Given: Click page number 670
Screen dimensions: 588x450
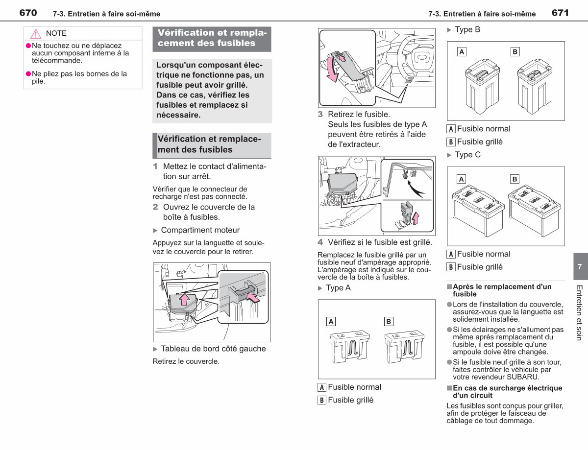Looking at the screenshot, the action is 28,13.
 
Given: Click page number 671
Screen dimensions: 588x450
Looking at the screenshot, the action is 560,13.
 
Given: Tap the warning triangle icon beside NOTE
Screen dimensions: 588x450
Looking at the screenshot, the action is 36,34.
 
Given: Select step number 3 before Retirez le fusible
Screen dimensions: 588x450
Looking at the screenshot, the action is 320,114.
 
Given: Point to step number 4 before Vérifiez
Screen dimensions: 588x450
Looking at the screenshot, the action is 320,242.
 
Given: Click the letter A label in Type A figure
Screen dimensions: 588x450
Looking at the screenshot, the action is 331,321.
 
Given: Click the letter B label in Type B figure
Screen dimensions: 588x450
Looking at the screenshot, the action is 515,51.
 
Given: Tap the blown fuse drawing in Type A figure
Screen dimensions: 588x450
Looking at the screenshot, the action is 405,347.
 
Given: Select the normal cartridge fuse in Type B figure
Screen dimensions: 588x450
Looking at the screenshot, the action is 482,87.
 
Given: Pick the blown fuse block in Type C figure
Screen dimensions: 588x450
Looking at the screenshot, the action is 535,210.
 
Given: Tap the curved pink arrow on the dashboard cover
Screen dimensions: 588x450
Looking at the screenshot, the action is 332,69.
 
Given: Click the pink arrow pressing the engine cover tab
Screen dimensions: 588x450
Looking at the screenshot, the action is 253,298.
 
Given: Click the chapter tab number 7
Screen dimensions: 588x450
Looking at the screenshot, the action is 580,266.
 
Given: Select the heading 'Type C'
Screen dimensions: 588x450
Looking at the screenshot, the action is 467,155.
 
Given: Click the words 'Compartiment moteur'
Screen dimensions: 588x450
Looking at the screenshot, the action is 200,230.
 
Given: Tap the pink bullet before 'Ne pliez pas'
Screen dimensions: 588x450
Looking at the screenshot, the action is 28,74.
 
